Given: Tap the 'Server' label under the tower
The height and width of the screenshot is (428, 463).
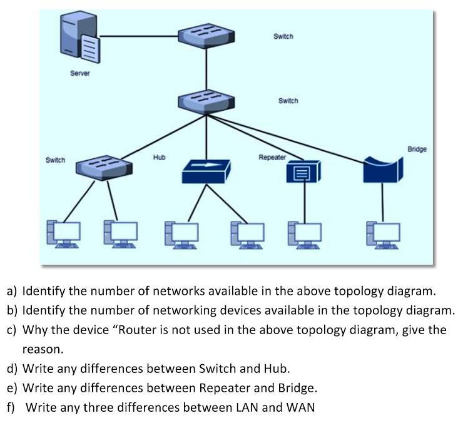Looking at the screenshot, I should [x=79, y=73].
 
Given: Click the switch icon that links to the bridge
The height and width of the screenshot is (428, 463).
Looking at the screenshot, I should [x=206, y=101].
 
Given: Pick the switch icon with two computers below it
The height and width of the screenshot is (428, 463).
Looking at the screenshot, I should [x=104, y=166].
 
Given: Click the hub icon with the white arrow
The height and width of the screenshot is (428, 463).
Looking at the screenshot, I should [x=206, y=170].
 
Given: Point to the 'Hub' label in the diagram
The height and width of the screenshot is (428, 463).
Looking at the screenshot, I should [x=159, y=157].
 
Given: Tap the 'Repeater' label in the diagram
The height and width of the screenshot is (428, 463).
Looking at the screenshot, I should [x=272, y=158].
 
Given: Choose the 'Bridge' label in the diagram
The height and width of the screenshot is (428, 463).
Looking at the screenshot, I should [x=417, y=150].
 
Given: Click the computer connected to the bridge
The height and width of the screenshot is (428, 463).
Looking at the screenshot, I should [x=382, y=233].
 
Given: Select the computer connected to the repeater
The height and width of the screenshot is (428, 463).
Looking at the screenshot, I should [x=303, y=233].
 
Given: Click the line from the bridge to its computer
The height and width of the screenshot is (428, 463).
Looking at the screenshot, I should [x=382, y=200].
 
